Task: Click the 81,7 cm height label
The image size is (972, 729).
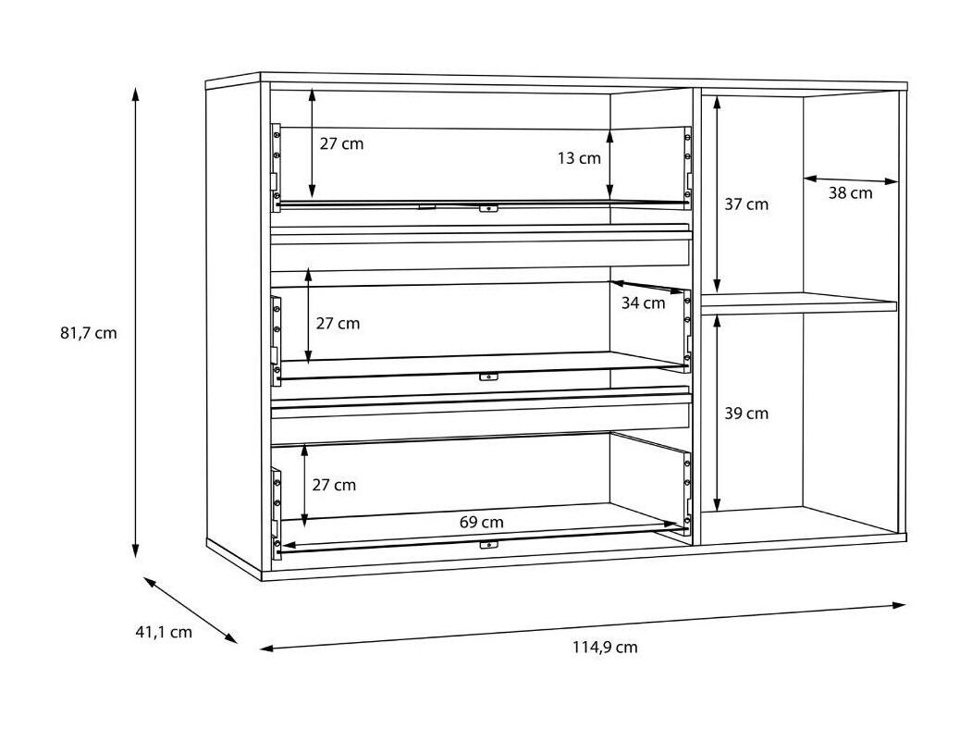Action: [x=89, y=333]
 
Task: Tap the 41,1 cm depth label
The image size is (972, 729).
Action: [x=164, y=632]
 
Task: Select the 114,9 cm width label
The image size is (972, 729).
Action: [x=605, y=648]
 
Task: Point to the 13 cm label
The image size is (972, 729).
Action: [x=579, y=158]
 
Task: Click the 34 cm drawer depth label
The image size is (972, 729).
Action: [x=644, y=303]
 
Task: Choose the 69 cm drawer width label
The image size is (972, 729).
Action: [x=482, y=522]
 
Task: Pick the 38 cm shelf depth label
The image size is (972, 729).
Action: [x=851, y=192]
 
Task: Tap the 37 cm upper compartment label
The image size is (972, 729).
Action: [x=746, y=204]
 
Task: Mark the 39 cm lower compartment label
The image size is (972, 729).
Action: [x=746, y=414]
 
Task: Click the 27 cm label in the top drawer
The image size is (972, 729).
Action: [x=341, y=143]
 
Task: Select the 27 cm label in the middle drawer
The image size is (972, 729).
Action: [x=338, y=324]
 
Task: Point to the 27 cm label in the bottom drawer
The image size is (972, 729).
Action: [x=334, y=485]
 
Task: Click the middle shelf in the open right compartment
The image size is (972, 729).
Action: [x=799, y=303]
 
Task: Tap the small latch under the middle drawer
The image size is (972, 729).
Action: [x=488, y=377]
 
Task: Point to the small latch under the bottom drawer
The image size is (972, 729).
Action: [x=488, y=545]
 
